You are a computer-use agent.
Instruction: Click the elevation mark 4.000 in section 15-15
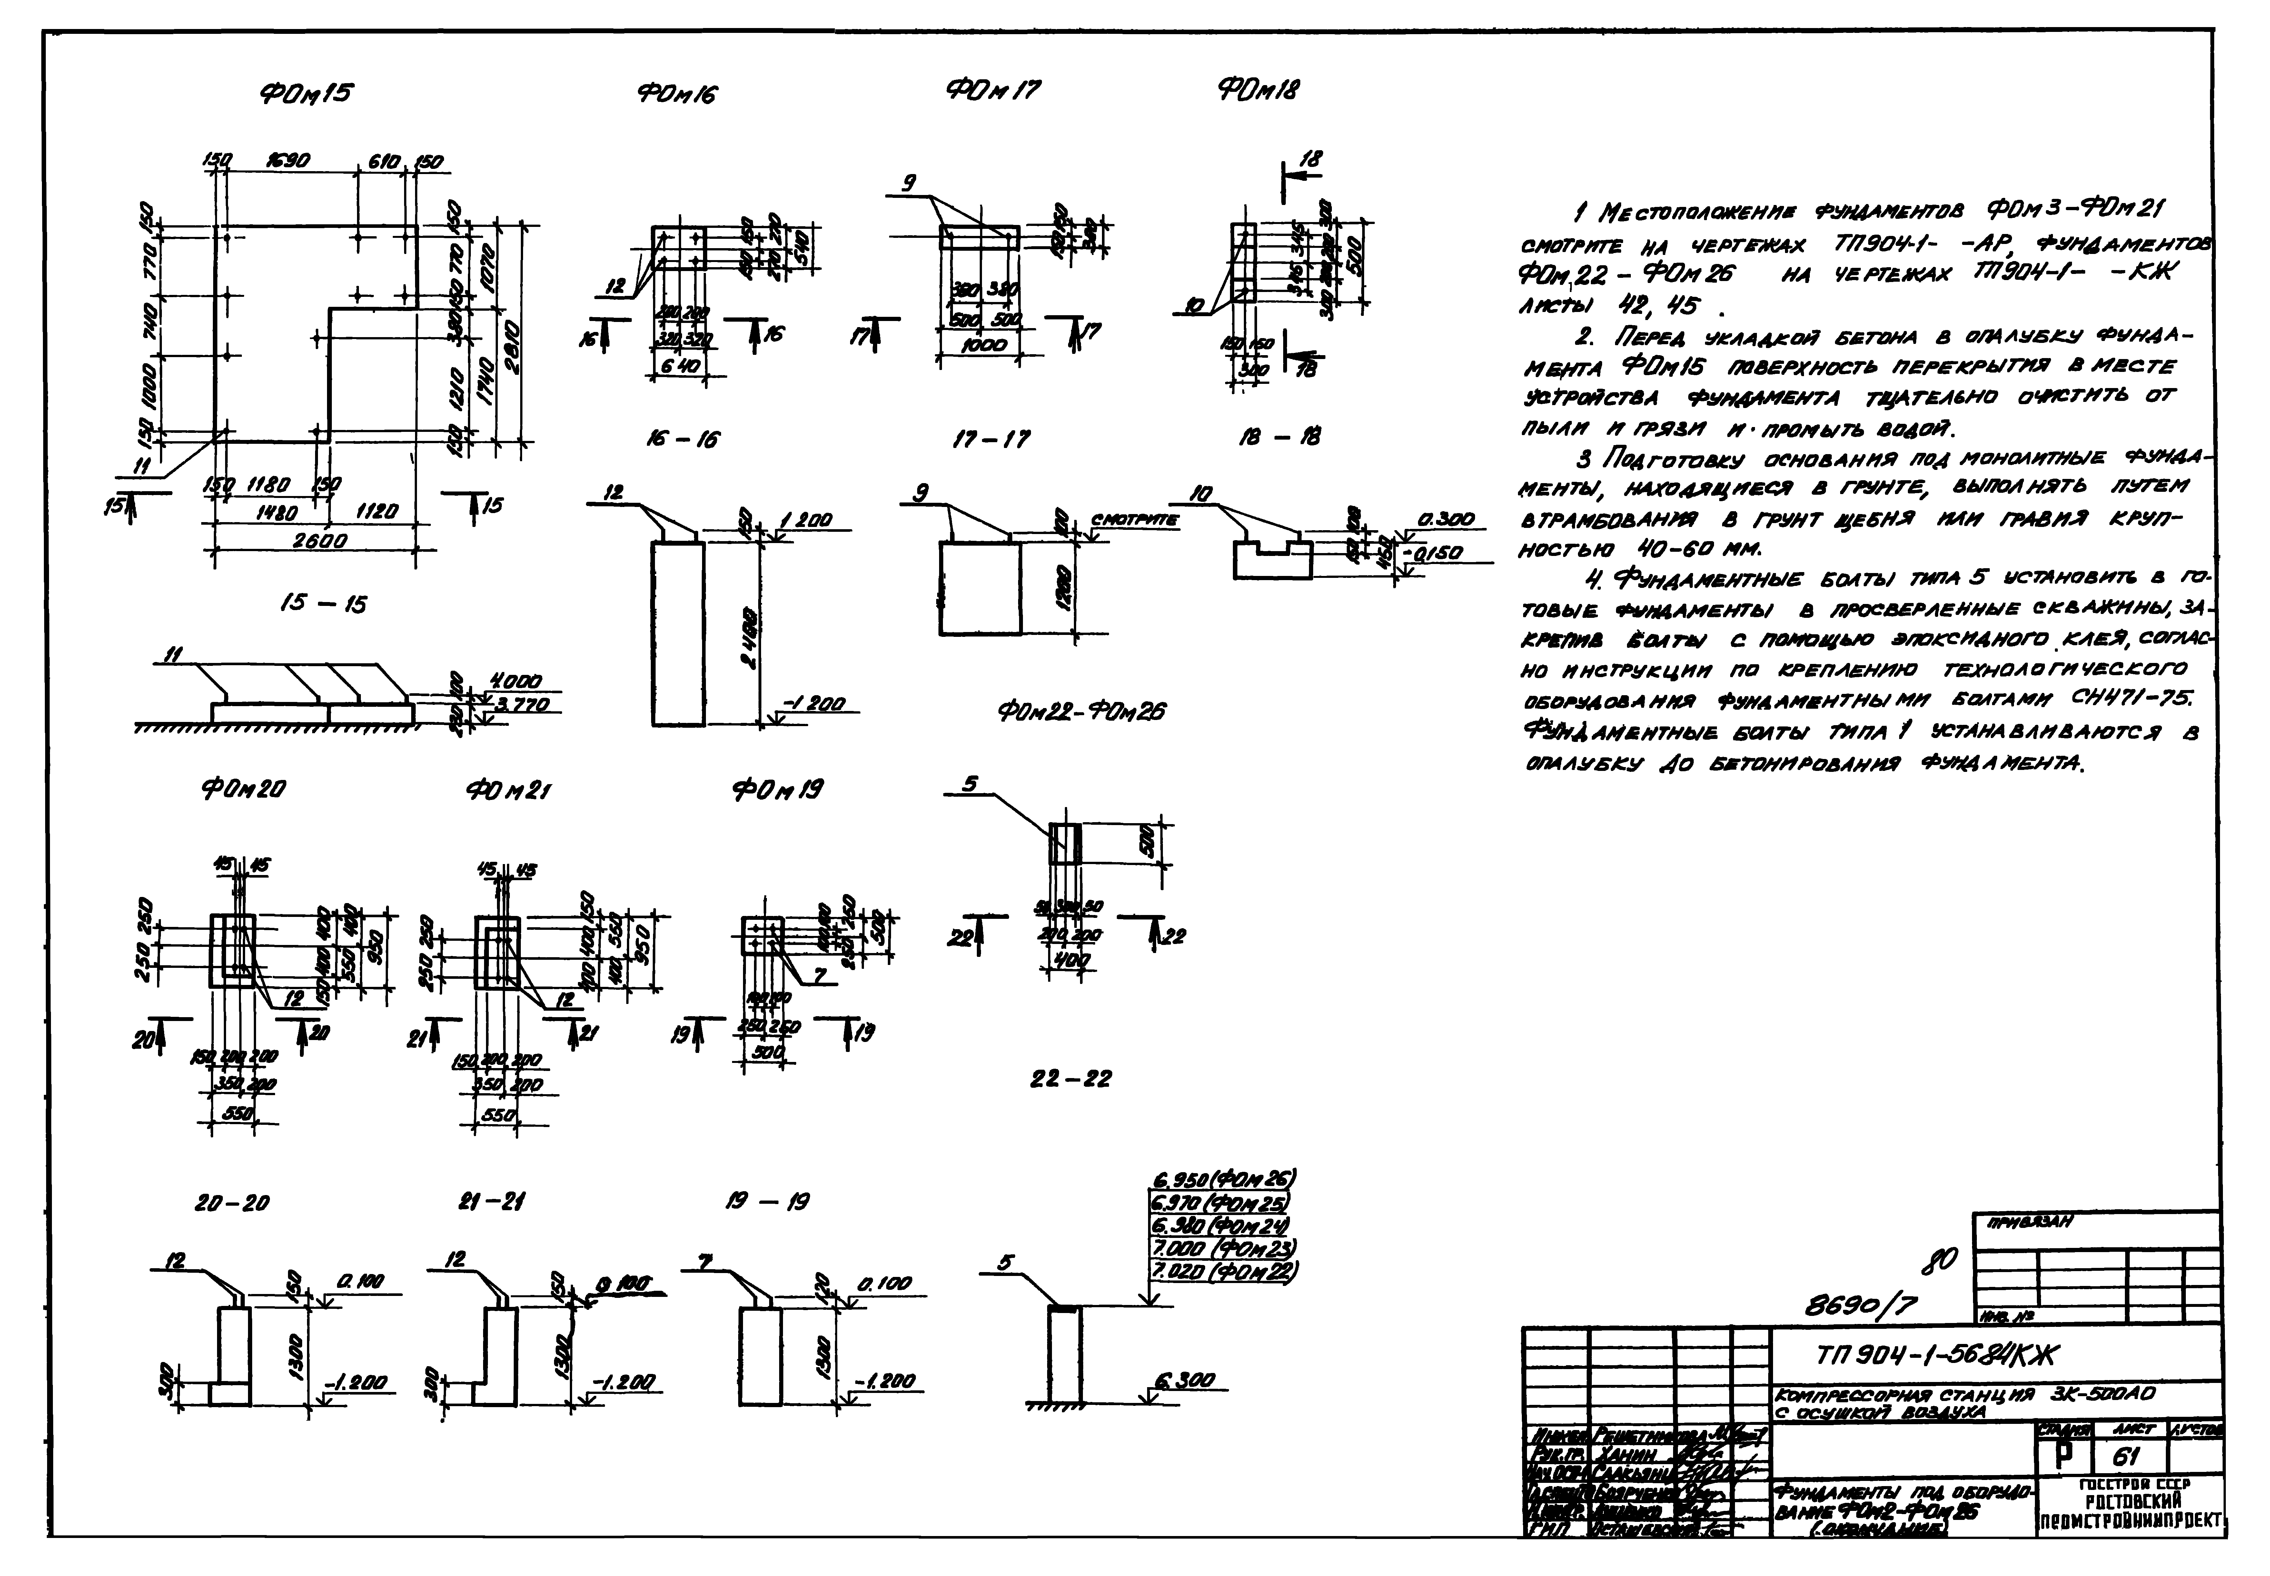pyautogui.click(x=516, y=681)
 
